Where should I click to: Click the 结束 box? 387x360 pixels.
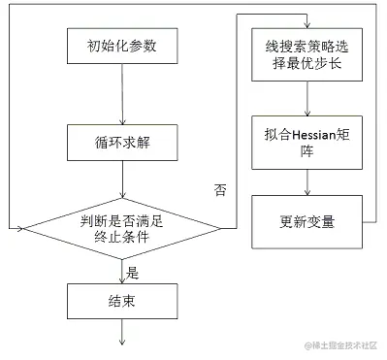click(122, 300)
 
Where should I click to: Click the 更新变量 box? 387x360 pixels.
click(306, 221)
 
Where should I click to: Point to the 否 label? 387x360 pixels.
click(219, 190)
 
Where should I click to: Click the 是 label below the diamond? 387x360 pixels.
click(134, 272)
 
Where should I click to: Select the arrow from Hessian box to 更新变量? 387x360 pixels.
click(306, 180)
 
